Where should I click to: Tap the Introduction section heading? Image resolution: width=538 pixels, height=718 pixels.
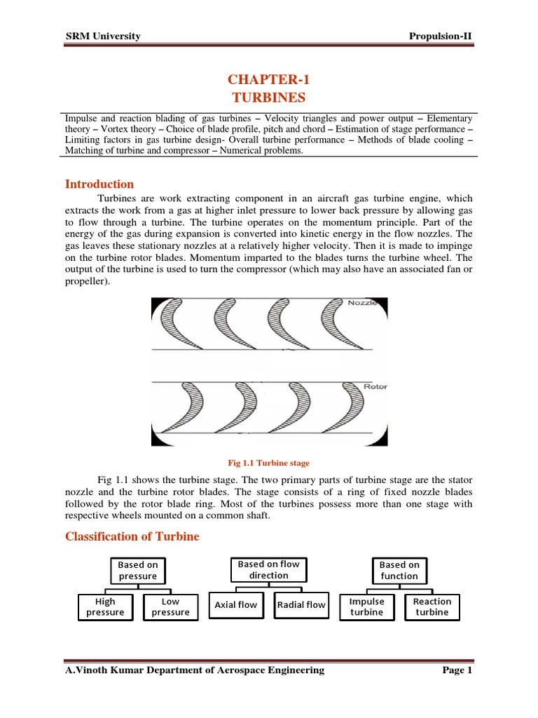point(99,184)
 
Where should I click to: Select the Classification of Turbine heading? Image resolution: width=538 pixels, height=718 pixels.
point(132,536)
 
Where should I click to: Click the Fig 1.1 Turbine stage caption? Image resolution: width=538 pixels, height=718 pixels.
point(268,463)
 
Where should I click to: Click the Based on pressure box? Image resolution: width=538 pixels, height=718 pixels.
point(137,571)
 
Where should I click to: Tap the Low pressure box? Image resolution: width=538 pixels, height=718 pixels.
point(170,607)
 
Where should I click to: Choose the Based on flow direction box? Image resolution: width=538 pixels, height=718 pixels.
point(268,569)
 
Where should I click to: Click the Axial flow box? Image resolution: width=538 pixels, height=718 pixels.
point(235,605)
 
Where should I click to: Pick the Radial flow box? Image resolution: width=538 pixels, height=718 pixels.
point(301,605)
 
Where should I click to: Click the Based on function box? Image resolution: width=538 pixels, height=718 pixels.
point(399,571)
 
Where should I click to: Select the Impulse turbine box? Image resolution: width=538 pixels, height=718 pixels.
point(366,607)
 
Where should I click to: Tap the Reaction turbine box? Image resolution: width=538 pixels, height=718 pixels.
point(432,607)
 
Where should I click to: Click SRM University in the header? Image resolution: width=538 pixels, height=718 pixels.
point(103,36)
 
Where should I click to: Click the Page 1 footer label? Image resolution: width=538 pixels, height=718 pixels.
point(458,670)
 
